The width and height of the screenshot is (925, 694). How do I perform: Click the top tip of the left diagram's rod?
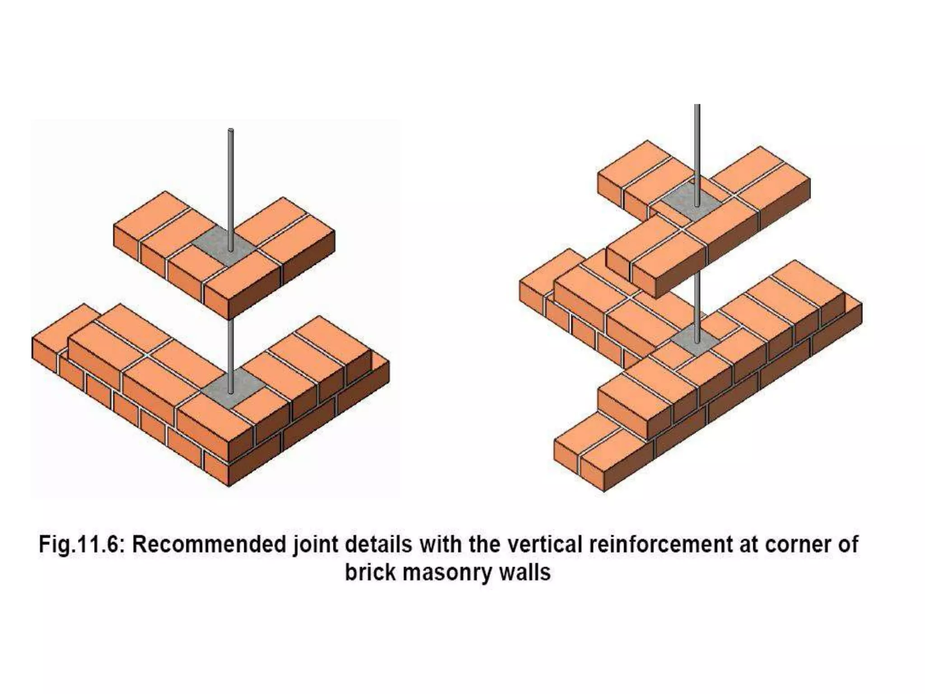coord(231,131)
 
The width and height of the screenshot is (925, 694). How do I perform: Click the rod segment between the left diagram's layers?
coord(231,348)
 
